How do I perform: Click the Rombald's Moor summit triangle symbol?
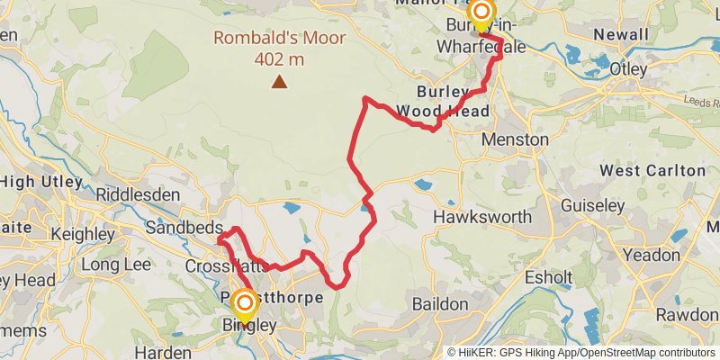(280, 83)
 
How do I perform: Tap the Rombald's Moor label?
(259, 39)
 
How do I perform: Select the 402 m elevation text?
(279, 59)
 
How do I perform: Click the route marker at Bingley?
(244, 303)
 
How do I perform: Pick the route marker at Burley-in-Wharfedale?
(481, 13)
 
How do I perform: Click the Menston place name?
(515, 140)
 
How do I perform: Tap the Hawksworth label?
(477, 217)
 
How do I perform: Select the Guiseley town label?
(592, 205)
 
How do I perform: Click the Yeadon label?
(652, 255)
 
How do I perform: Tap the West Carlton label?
(652, 170)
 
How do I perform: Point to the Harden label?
(163, 352)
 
